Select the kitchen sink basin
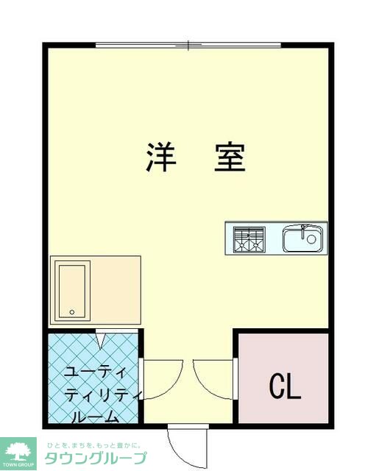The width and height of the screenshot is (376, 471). [x=302, y=238]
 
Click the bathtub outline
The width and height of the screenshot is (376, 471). [x=73, y=291]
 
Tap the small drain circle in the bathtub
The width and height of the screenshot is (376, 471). [x=72, y=312]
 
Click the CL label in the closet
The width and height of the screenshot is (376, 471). [x=285, y=386]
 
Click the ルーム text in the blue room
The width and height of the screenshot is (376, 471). [x=95, y=417]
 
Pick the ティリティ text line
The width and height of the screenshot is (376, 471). [x=96, y=394]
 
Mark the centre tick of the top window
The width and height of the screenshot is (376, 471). [x=189, y=45]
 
